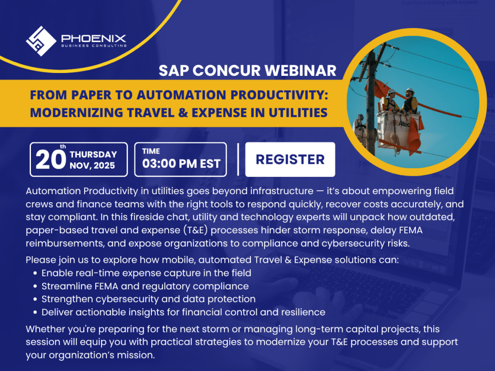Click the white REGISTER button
pos(290,159)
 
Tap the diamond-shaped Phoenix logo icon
pos(41,42)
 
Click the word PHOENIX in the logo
pos(93,39)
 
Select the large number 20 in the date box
pos(50,159)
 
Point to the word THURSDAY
pos(93,154)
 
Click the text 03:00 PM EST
pos(181,164)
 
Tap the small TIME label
pos(151,151)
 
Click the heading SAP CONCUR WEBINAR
pos(247,71)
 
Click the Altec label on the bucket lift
pos(404,124)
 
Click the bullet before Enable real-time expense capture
pos(35,273)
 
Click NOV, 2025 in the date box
pos(92,166)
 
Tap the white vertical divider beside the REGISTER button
pos(238,159)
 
